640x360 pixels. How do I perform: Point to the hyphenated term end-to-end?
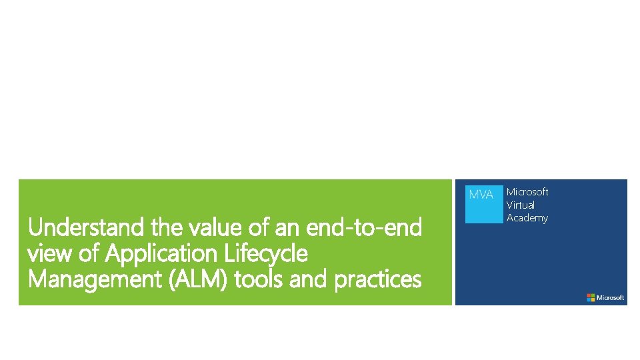tap(364, 229)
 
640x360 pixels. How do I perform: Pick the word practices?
tap(377, 279)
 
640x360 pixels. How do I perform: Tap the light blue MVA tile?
tap(483, 204)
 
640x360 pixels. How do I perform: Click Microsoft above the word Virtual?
tap(527, 192)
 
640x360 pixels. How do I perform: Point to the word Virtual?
tap(520, 205)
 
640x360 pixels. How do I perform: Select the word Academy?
tap(527, 218)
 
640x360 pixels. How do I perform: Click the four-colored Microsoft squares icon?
tap(591, 297)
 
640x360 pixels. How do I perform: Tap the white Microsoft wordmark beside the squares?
tap(611, 297)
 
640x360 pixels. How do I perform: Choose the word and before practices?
tap(311, 279)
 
